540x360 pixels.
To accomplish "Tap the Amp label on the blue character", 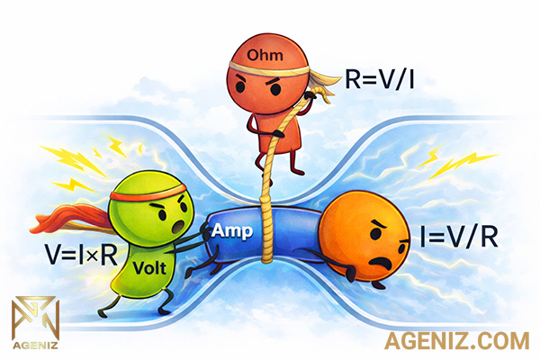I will pos(227,230).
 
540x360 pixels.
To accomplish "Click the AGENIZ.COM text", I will pos(454,340).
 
